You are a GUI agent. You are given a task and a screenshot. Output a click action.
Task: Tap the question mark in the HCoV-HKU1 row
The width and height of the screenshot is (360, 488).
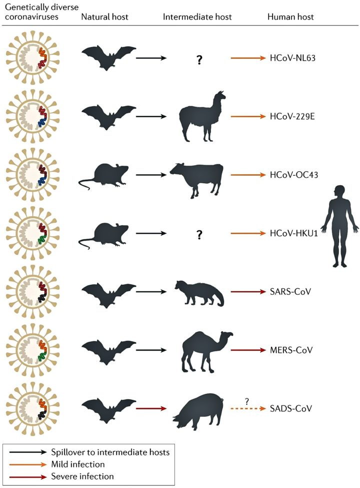tap(199, 234)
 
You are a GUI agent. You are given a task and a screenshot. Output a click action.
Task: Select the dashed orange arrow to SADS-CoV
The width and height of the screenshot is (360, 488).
tap(248, 408)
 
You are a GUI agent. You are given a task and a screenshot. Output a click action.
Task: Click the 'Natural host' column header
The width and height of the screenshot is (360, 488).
tap(104, 17)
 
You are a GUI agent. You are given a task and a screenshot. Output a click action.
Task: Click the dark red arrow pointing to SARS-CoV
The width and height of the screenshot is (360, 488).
tap(248, 292)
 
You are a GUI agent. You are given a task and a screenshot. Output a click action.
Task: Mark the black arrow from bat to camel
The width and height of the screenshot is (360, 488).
tap(153, 350)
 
